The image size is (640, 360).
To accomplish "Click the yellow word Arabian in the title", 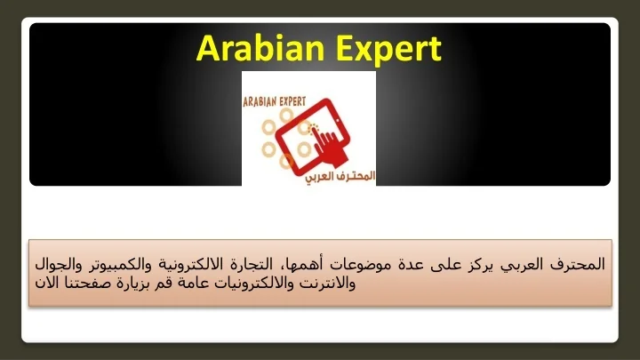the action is click(260, 48).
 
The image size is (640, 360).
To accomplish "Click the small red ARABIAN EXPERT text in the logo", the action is click(275, 101).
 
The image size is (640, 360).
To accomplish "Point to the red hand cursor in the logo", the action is click(328, 145).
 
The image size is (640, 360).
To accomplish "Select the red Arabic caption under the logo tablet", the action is click(340, 177).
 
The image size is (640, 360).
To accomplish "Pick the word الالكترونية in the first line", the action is click(190, 265).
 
